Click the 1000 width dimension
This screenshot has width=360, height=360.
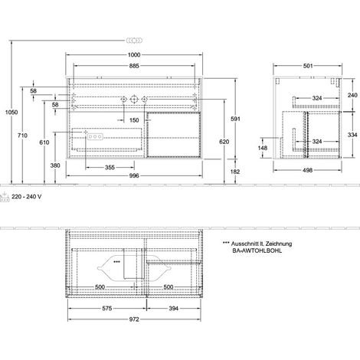tap(134, 55)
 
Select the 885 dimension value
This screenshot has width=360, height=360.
tap(134, 66)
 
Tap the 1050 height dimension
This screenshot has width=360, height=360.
tap(11, 112)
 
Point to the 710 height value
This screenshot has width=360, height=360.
tap(22, 136)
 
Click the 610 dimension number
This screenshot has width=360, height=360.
tap(44, 142)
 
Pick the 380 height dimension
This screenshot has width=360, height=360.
tap(55, 165)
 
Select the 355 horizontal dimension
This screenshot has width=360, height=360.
tap(110, 168)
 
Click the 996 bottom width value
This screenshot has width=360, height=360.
tap(134, 175)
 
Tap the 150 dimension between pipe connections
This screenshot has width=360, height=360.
tap(134, 120)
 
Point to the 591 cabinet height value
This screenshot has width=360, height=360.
tap(235, 119)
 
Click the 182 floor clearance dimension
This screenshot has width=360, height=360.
tap(235, 172)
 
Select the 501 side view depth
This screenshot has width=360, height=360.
tap(308, 66)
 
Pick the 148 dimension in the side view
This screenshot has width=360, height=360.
tap(263, 148)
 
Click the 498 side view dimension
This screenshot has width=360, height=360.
tap(308, 170)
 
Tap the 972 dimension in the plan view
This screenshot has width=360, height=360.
tap(134, 319)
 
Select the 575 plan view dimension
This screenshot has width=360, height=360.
tap(107, 309)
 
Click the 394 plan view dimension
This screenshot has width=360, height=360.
tap(174, 309)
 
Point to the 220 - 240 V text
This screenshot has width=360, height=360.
tap(26, 197)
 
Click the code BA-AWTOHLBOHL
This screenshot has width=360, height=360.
tap(257, 250)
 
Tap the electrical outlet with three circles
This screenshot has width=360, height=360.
tap(95, 137)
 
